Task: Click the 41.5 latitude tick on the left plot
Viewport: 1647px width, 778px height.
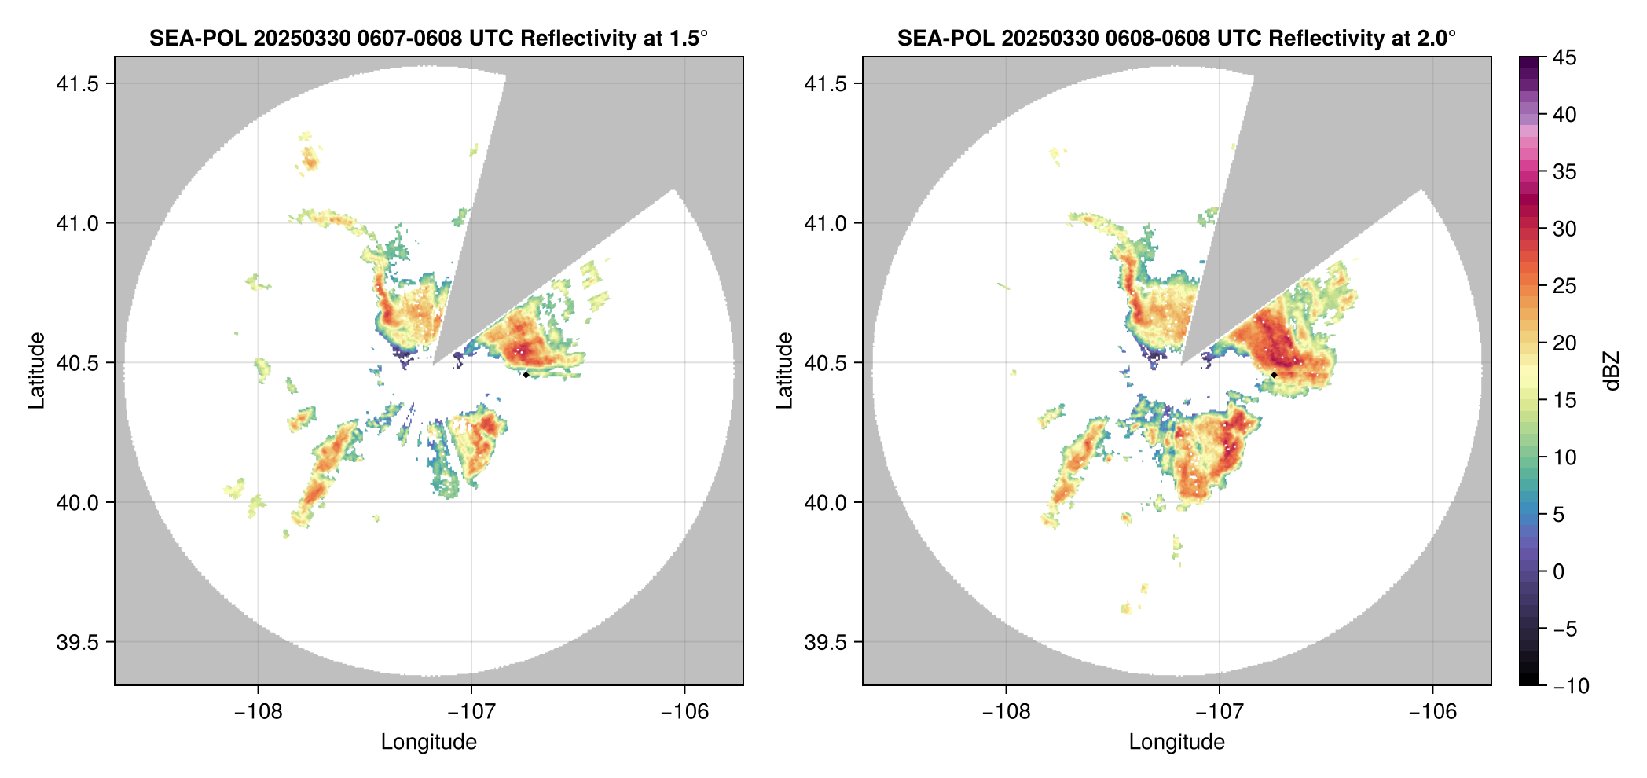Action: [76, 83]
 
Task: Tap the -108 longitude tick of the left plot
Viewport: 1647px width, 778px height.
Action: [258, 712]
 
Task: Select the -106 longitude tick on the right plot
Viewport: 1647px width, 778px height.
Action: [1432, 712]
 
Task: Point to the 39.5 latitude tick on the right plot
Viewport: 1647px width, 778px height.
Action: [824, 642]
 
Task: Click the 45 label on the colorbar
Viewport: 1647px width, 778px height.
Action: [1564, 57]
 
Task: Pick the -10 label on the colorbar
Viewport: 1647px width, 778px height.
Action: [1571, 686]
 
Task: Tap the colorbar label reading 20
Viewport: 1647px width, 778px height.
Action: [1564, 343]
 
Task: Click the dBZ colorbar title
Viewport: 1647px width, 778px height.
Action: [1612, 371]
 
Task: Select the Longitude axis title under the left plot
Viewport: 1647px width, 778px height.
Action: [429, 742]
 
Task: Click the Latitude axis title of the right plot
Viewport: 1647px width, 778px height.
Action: [784, 370]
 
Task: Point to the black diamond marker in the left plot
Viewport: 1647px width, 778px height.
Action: [526, 375]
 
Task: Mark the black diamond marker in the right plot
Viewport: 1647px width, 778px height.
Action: [1274, 375]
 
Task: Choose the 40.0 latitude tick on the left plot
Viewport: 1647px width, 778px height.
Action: [76, 502]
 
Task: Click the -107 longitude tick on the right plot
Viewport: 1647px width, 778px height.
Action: [1219, 712]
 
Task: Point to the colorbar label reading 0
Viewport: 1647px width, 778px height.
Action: [1559, 571]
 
